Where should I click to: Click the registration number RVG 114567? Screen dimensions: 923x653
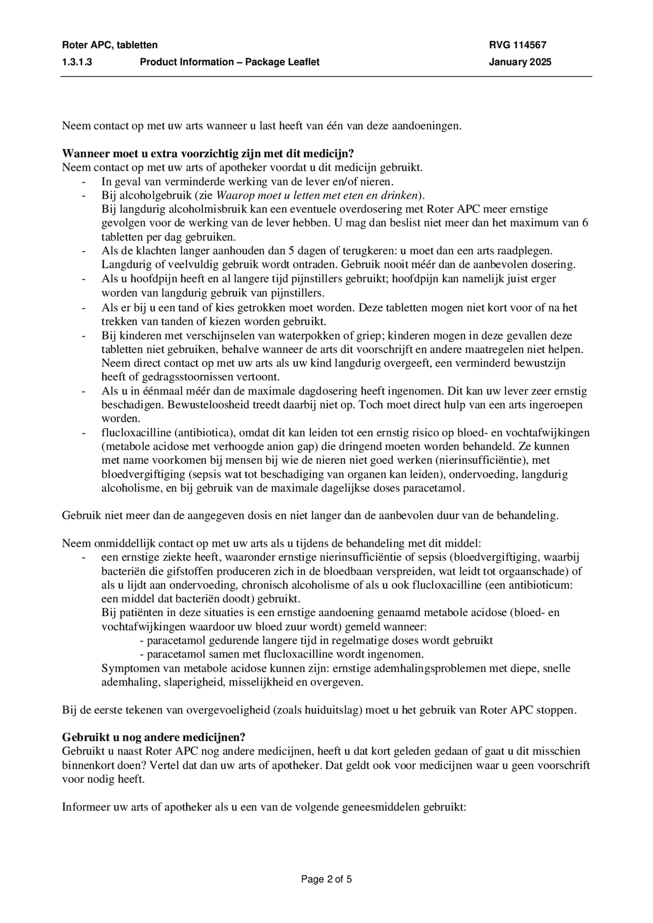pos(518,45)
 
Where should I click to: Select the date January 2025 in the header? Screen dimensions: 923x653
pos(520,62)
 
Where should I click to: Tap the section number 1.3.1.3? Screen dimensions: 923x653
pos(77,62)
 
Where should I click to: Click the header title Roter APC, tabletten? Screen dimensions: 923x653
pos(110,45)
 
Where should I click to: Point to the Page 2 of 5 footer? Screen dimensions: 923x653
pos(326,879)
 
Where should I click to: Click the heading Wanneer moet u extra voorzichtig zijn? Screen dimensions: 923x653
pos(208,153)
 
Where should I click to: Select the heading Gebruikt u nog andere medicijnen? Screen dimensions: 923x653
pos(153,737)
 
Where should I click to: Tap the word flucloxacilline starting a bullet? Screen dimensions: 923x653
pos(136,432)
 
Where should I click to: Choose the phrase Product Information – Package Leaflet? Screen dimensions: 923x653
pos(229,62)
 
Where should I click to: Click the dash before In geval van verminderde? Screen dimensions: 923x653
pos(83,181)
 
